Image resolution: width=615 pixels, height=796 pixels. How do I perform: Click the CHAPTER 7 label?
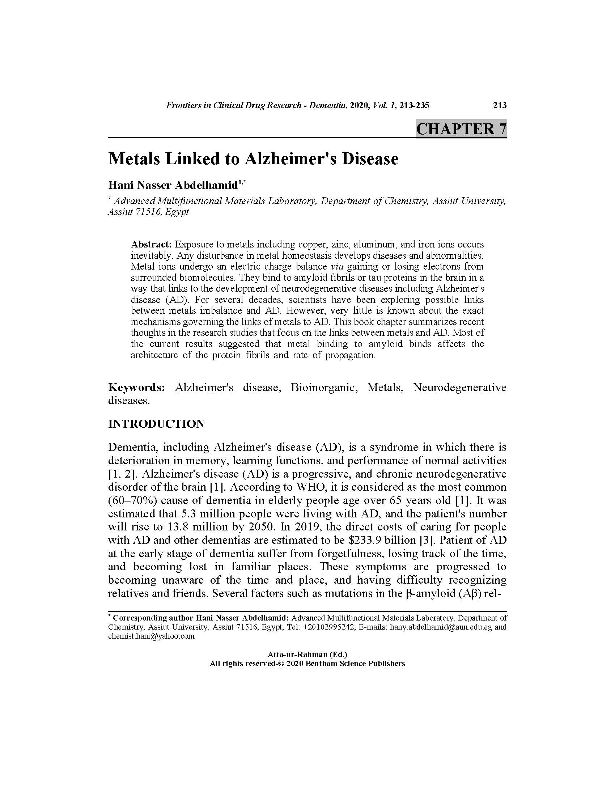click(x=461, y=129)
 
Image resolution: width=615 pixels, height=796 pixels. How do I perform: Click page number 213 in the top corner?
click(x=500, y=105)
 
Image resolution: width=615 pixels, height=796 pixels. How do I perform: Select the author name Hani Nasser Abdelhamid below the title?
click(x=173, y=185)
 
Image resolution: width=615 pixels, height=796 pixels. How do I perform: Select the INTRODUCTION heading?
click(x=156, y=424)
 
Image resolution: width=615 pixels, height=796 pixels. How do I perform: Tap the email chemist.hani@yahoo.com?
click(x=151, y=636)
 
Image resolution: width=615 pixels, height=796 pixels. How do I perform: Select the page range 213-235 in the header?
click(x=414, y=105)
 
